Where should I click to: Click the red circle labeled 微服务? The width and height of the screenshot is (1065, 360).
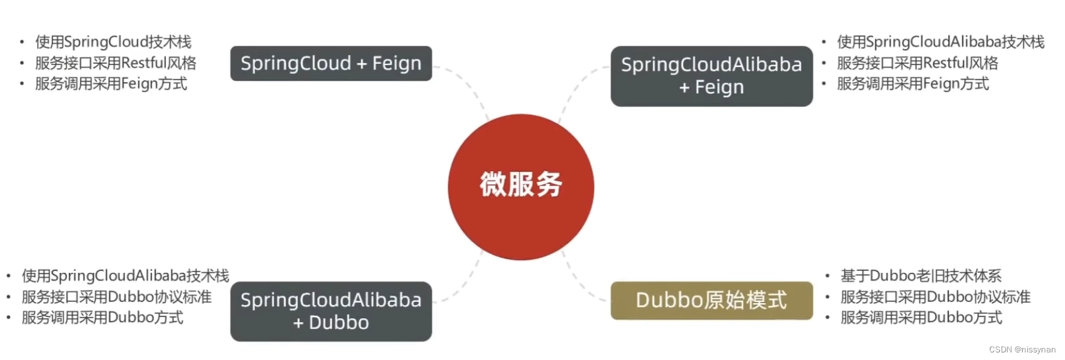coord(521,186)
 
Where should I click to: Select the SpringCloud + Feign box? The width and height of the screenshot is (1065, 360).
coord(331,63)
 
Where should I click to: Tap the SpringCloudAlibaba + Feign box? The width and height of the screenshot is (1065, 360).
coord(711,76)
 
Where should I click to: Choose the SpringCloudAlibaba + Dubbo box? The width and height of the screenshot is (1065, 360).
coord(331,311)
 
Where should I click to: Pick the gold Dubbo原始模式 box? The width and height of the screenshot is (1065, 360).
coord(711,300)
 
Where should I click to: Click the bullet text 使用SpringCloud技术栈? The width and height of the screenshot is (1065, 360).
coord(113,42)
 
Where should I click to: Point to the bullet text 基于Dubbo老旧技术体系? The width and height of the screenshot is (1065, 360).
coord(920,276)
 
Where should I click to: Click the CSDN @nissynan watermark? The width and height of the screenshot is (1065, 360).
coord(1022,349)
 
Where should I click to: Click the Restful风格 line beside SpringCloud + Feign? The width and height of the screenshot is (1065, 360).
coord(116,63)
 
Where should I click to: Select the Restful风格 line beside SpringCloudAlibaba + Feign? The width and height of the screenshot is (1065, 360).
coord(917,63)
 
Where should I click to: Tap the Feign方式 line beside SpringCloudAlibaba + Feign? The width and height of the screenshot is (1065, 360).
coord(913,84)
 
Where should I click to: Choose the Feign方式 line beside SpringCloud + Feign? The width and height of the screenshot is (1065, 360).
coord(111,84)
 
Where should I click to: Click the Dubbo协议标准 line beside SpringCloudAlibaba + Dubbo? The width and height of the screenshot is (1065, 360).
coord(117,297)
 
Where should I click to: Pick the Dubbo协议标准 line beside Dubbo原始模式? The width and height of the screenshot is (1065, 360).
coord(935,297)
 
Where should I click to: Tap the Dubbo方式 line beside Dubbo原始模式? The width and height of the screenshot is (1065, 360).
coord(921,318)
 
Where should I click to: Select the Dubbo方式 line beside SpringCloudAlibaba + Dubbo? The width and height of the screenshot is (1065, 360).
coord(102,318)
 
